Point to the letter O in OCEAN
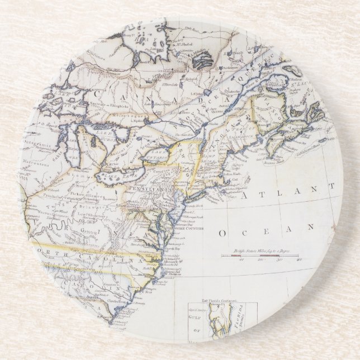224,232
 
